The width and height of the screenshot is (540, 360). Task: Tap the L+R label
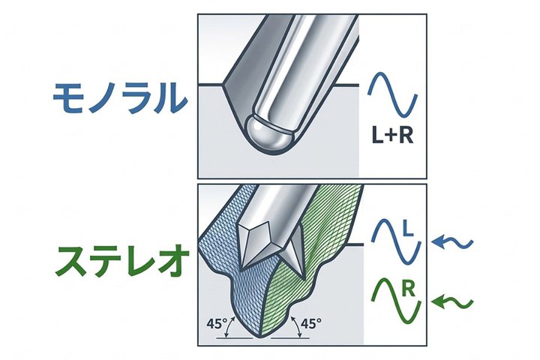tap(392, 135)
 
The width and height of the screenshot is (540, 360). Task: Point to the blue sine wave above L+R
tap(392, 94)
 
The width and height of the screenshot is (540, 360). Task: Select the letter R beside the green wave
tap(409, 290)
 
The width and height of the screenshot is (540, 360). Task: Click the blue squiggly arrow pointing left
tap(452, 242)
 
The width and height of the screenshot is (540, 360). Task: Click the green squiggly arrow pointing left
tap(452, 302)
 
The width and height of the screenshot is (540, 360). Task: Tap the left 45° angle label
tap(217, 323)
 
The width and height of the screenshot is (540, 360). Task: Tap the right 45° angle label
tap(311, 323)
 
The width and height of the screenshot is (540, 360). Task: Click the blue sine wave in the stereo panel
tap(396, 242)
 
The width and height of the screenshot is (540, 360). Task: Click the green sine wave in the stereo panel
tap(396, 301)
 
